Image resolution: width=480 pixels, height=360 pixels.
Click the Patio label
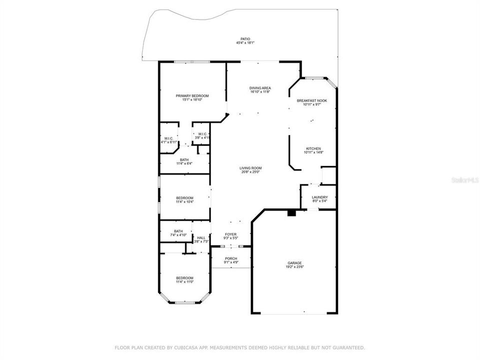(x=244, y=38)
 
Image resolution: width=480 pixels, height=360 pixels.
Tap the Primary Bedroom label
(x=192, y=95)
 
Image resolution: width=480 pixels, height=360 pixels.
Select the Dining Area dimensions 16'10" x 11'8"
(x=260, y=92)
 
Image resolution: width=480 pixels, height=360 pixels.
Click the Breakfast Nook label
(x=311, y=100)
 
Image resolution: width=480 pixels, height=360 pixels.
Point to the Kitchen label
(x=313, y=148)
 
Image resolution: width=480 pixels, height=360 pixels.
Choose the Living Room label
(x=250, y=168)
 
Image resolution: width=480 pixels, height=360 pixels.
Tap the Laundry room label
(x=319, y=197)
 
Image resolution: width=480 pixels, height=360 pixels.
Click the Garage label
(x=294, y=263)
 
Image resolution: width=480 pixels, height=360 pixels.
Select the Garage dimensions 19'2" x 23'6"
(x=294, y=267)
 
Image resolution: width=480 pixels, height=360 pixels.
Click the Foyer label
(x=230, y=234)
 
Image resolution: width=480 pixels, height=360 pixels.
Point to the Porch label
(x=231, y=258)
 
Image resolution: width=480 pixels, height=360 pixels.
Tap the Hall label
(x=201, y=237)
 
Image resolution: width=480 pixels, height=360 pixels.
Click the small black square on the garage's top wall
(x=291, y=213)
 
